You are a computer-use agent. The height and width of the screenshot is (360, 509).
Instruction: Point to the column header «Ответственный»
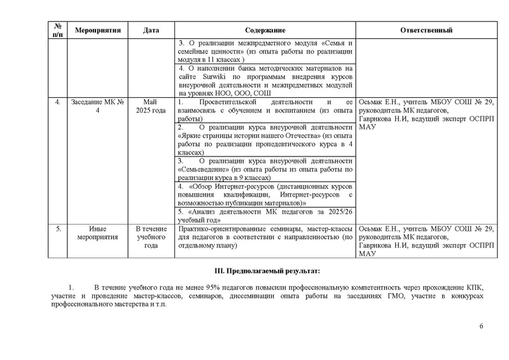tap(426, 30)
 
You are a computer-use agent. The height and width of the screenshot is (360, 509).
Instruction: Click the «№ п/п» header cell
tap(58, 30)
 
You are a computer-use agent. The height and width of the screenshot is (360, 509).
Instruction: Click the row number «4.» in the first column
tap(58, 102)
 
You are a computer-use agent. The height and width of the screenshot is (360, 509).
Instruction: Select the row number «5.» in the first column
tap(58, 229)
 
